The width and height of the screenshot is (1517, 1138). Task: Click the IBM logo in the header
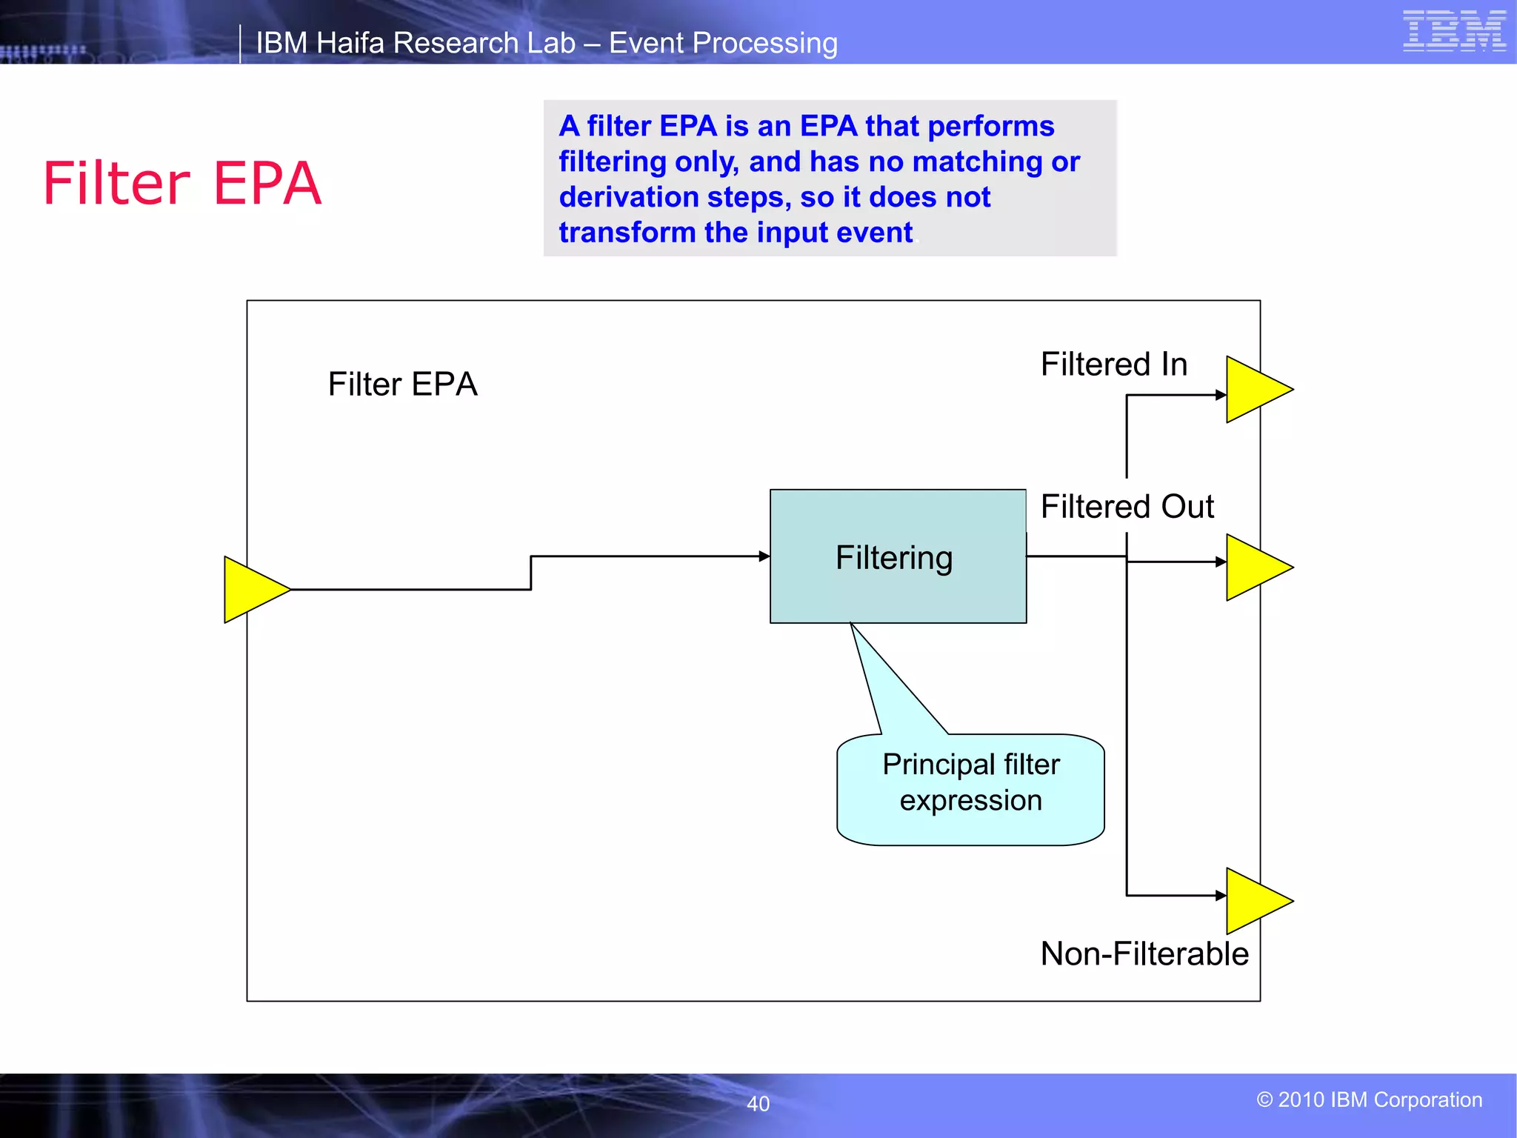[1454, 31]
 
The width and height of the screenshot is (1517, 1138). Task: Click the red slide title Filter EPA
[182, 183]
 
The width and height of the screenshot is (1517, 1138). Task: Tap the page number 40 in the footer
[758, 1104]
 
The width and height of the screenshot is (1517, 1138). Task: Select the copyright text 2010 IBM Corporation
[1370, 1099]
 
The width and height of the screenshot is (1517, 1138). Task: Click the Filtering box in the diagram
[898, 557]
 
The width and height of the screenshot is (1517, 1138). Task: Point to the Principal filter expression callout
[970, 788]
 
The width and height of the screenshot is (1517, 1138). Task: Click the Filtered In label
[1114, 365]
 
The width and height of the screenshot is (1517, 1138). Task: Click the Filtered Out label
[1127, 507]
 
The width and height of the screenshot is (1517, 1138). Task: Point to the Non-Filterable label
[1144, 954]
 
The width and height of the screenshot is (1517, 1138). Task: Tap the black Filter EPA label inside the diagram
[402, 385]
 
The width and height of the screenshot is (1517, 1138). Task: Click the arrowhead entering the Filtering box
[764, 556]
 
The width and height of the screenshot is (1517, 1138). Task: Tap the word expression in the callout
[970, 801]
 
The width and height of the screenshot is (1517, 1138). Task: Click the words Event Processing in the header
[723, 43]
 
